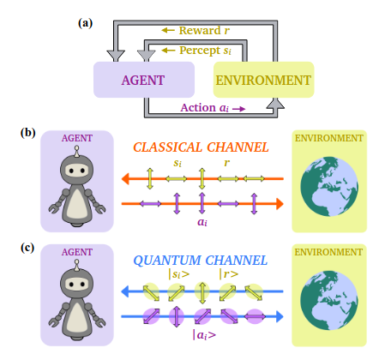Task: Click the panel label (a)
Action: (x=86, y=10)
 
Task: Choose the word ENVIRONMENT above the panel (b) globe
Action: (x=329, y=137)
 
